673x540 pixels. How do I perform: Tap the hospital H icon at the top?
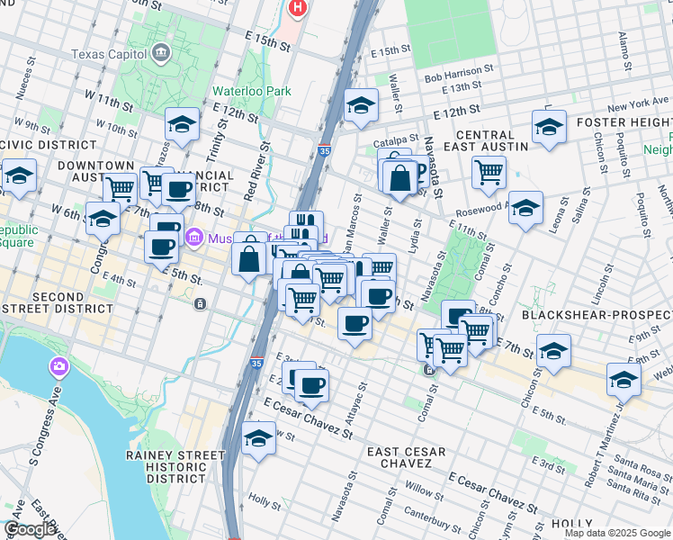(x=298, y=8)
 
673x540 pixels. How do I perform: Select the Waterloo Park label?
(x=252, y=91)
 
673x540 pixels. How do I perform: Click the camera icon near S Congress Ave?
(x=59, y=366)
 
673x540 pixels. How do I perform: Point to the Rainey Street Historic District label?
(x=175, y=463)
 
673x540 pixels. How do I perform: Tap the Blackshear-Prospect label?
(x=597, y=316)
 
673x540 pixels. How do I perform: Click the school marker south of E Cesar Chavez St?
(x=259, y=439)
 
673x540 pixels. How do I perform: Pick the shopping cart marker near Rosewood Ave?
(x=489, y=172)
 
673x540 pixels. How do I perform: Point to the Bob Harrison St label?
(x=459, y=68)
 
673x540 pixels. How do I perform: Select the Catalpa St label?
(x=397, y=139)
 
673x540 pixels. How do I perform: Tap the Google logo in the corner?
(x=31, y=529)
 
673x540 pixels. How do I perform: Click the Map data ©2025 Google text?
(x=617, y=533)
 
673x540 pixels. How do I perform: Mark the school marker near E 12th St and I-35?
(x=361, y=105)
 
